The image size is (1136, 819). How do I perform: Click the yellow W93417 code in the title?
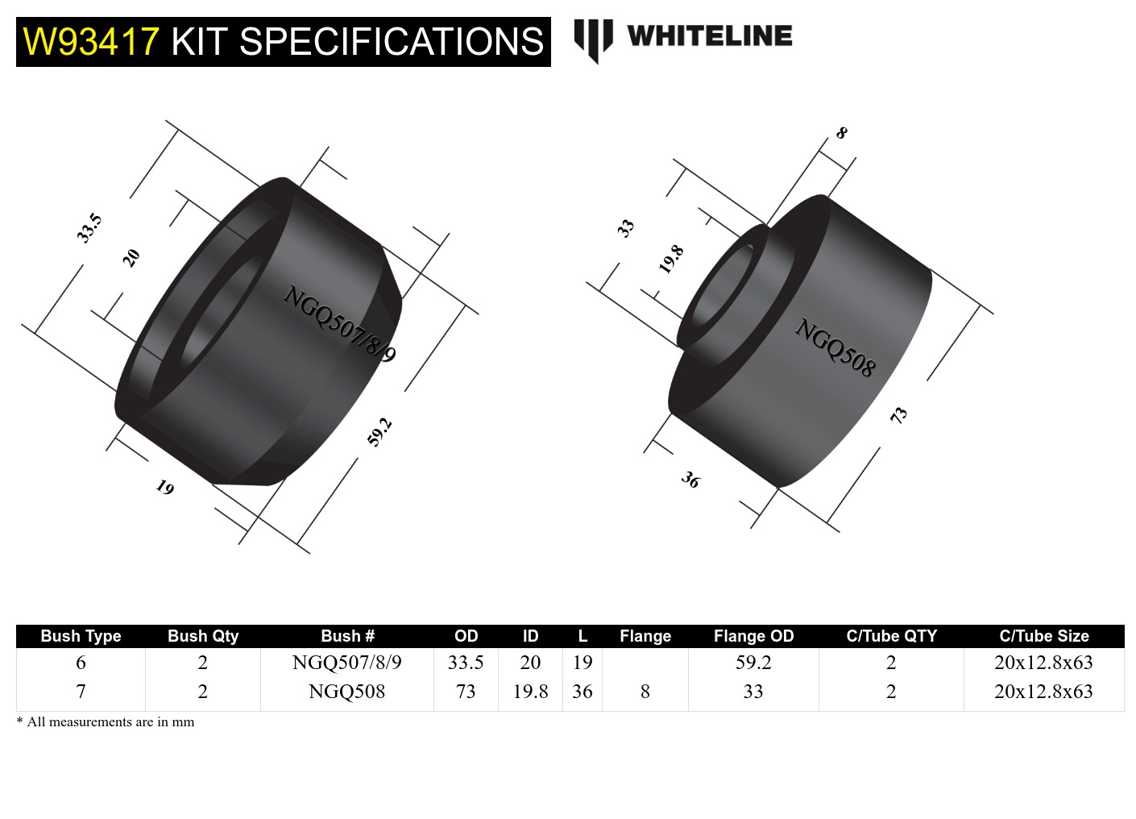click(90, 42)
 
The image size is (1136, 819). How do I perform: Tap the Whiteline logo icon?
click(593, 39)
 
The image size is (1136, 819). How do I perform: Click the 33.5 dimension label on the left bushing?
click(89, 228)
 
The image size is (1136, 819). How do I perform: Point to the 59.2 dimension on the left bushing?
click(379, 432)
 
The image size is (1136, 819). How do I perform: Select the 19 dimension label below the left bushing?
click(164, 488)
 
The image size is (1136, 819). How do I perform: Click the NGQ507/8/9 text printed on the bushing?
click(339, 324)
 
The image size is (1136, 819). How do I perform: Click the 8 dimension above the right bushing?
click(841, 133)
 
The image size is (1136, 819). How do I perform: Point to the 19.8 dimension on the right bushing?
click(670, 260)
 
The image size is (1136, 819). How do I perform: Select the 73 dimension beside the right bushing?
click(898, 415)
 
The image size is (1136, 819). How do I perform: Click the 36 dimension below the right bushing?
click(690, 480)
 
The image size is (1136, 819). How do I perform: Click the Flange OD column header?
click(753, 636)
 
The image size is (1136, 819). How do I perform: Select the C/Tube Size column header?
click(1043, 636)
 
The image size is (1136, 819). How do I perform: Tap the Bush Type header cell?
click(81, 636)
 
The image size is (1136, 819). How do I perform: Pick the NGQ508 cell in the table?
click(346, 692)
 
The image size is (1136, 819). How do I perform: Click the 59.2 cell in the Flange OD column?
click(753, 663)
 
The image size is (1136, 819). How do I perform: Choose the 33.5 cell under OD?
click(466, 663)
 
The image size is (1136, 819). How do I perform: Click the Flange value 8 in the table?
click(645, 692)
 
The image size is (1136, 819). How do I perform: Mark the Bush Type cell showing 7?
click(81, 692)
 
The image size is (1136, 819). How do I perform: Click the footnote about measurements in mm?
click(106, 722)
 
